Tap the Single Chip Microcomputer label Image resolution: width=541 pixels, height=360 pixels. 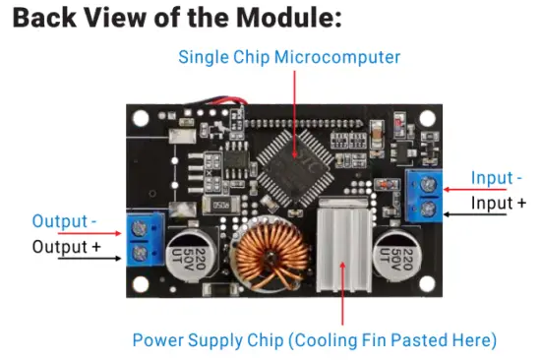[x=289, y=57]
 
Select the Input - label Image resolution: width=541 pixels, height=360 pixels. [x=497, y=178]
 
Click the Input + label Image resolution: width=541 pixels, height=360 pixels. [x=498, y=203]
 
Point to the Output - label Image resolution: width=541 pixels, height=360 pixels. [x=67, y=221]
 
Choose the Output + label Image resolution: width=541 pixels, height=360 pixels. [x=67, y=246]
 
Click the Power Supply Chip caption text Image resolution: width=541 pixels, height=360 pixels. [x=314, y=340]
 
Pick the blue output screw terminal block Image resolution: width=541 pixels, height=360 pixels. [x=142, y=240]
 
